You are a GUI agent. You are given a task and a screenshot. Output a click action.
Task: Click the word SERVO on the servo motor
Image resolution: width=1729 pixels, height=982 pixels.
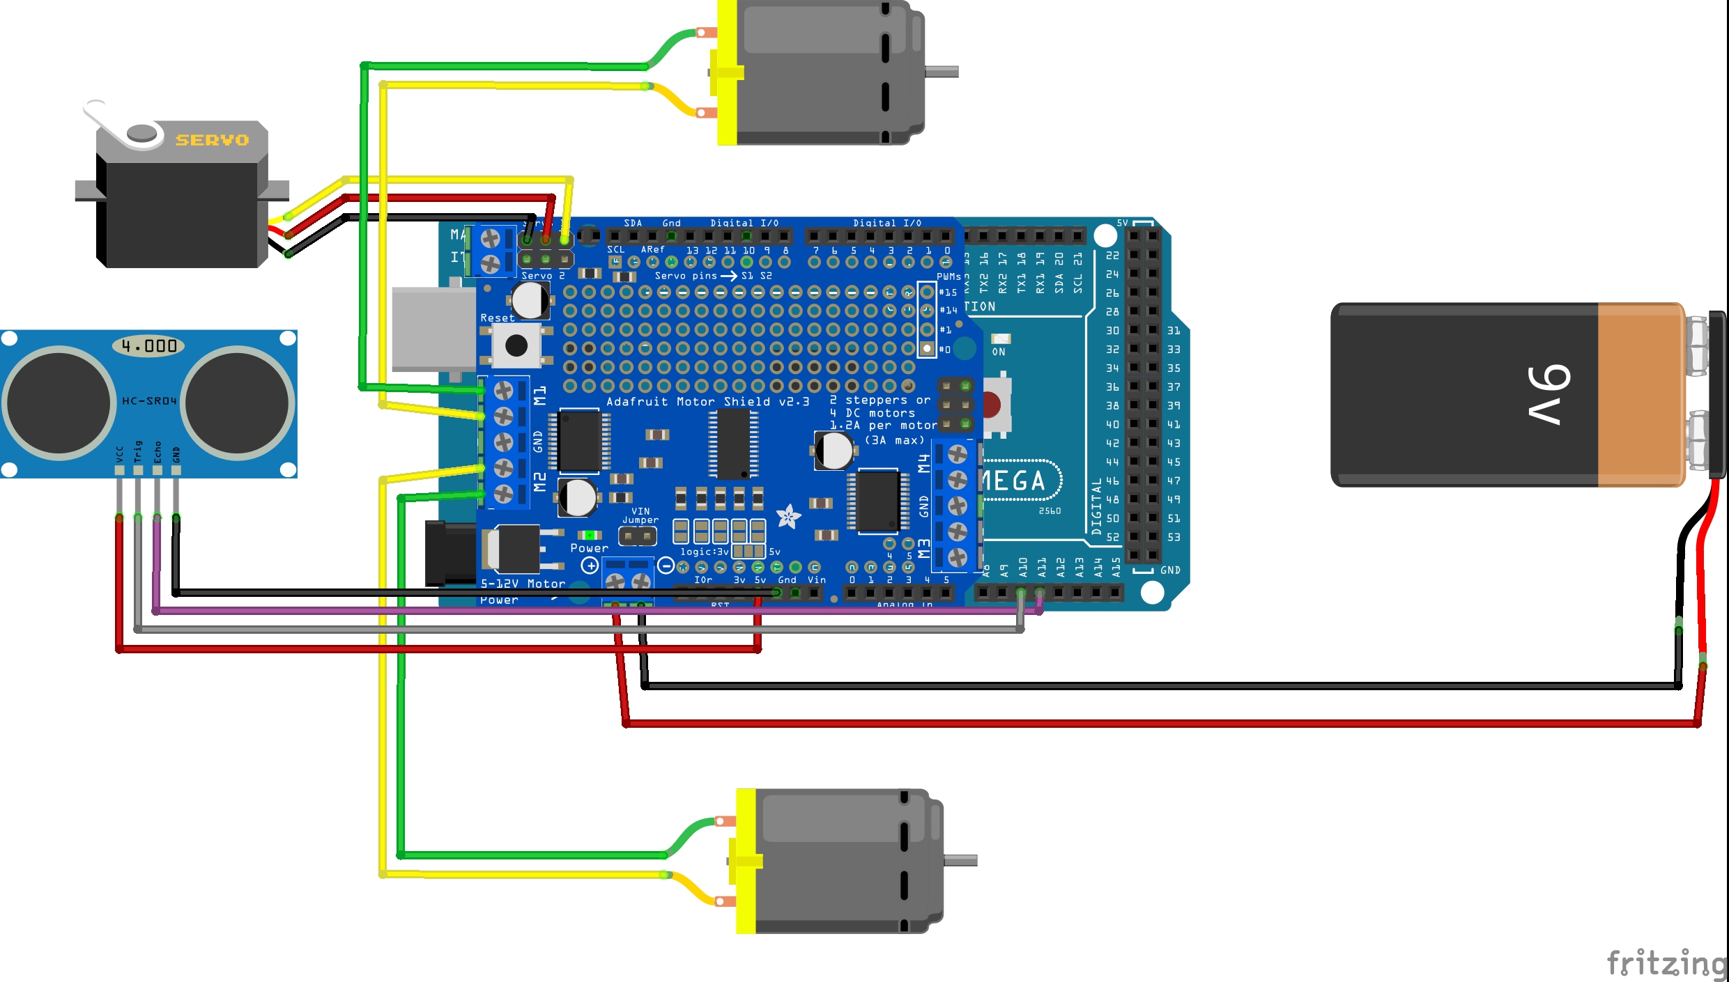click(x=212, y=140)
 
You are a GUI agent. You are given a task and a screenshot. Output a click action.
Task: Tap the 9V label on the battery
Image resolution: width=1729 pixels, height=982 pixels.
click(x=1549, y=394)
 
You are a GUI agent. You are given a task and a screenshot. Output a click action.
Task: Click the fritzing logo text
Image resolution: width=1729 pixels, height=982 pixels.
click(x=1666, y=964)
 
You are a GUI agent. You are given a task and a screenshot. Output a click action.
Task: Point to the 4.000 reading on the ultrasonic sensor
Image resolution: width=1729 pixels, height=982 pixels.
click(x=149, y=346)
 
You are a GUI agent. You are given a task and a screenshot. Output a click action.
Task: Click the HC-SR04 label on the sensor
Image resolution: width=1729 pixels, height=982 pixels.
click(x=149, y=401)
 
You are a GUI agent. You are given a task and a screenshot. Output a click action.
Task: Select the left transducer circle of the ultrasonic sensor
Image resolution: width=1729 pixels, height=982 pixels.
click(x=59, y=403)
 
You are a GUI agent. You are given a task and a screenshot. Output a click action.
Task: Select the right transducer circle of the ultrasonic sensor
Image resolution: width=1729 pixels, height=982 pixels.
click(x=238, y=403)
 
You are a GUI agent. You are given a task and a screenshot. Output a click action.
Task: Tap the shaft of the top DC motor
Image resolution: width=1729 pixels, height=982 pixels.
click(x=942, y=72)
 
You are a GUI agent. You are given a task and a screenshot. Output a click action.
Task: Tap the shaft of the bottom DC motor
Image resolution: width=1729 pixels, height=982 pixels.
click(x=960, y=861)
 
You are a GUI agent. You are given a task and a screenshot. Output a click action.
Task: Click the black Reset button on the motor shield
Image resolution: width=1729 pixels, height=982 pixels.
click(x=516, y=345)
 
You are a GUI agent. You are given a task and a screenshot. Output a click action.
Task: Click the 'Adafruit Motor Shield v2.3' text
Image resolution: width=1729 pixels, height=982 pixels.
click(x=707, y=402)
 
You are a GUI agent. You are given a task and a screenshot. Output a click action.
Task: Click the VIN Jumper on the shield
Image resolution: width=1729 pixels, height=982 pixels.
click(x=638, y=536)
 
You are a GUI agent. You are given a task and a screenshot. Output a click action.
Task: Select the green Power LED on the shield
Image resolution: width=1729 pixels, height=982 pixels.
click(x=590, y=535)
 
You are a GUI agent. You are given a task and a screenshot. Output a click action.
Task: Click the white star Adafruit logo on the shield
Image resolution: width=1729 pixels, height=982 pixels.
click(x=788, y=517)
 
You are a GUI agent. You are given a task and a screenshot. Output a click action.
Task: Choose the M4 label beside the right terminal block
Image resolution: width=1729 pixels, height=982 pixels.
click(x=924, y=463)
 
